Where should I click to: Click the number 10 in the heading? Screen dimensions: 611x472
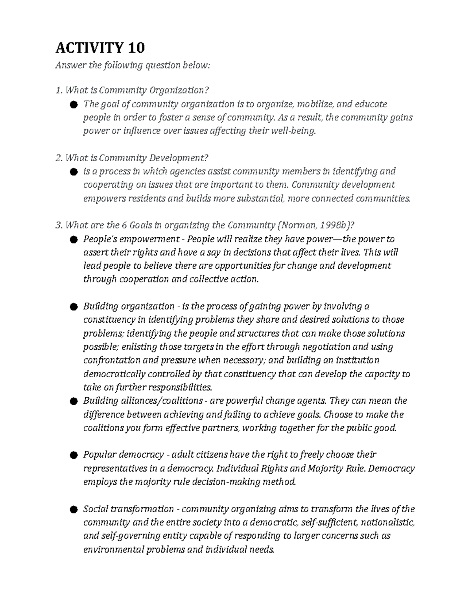click(x=136, y=48)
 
